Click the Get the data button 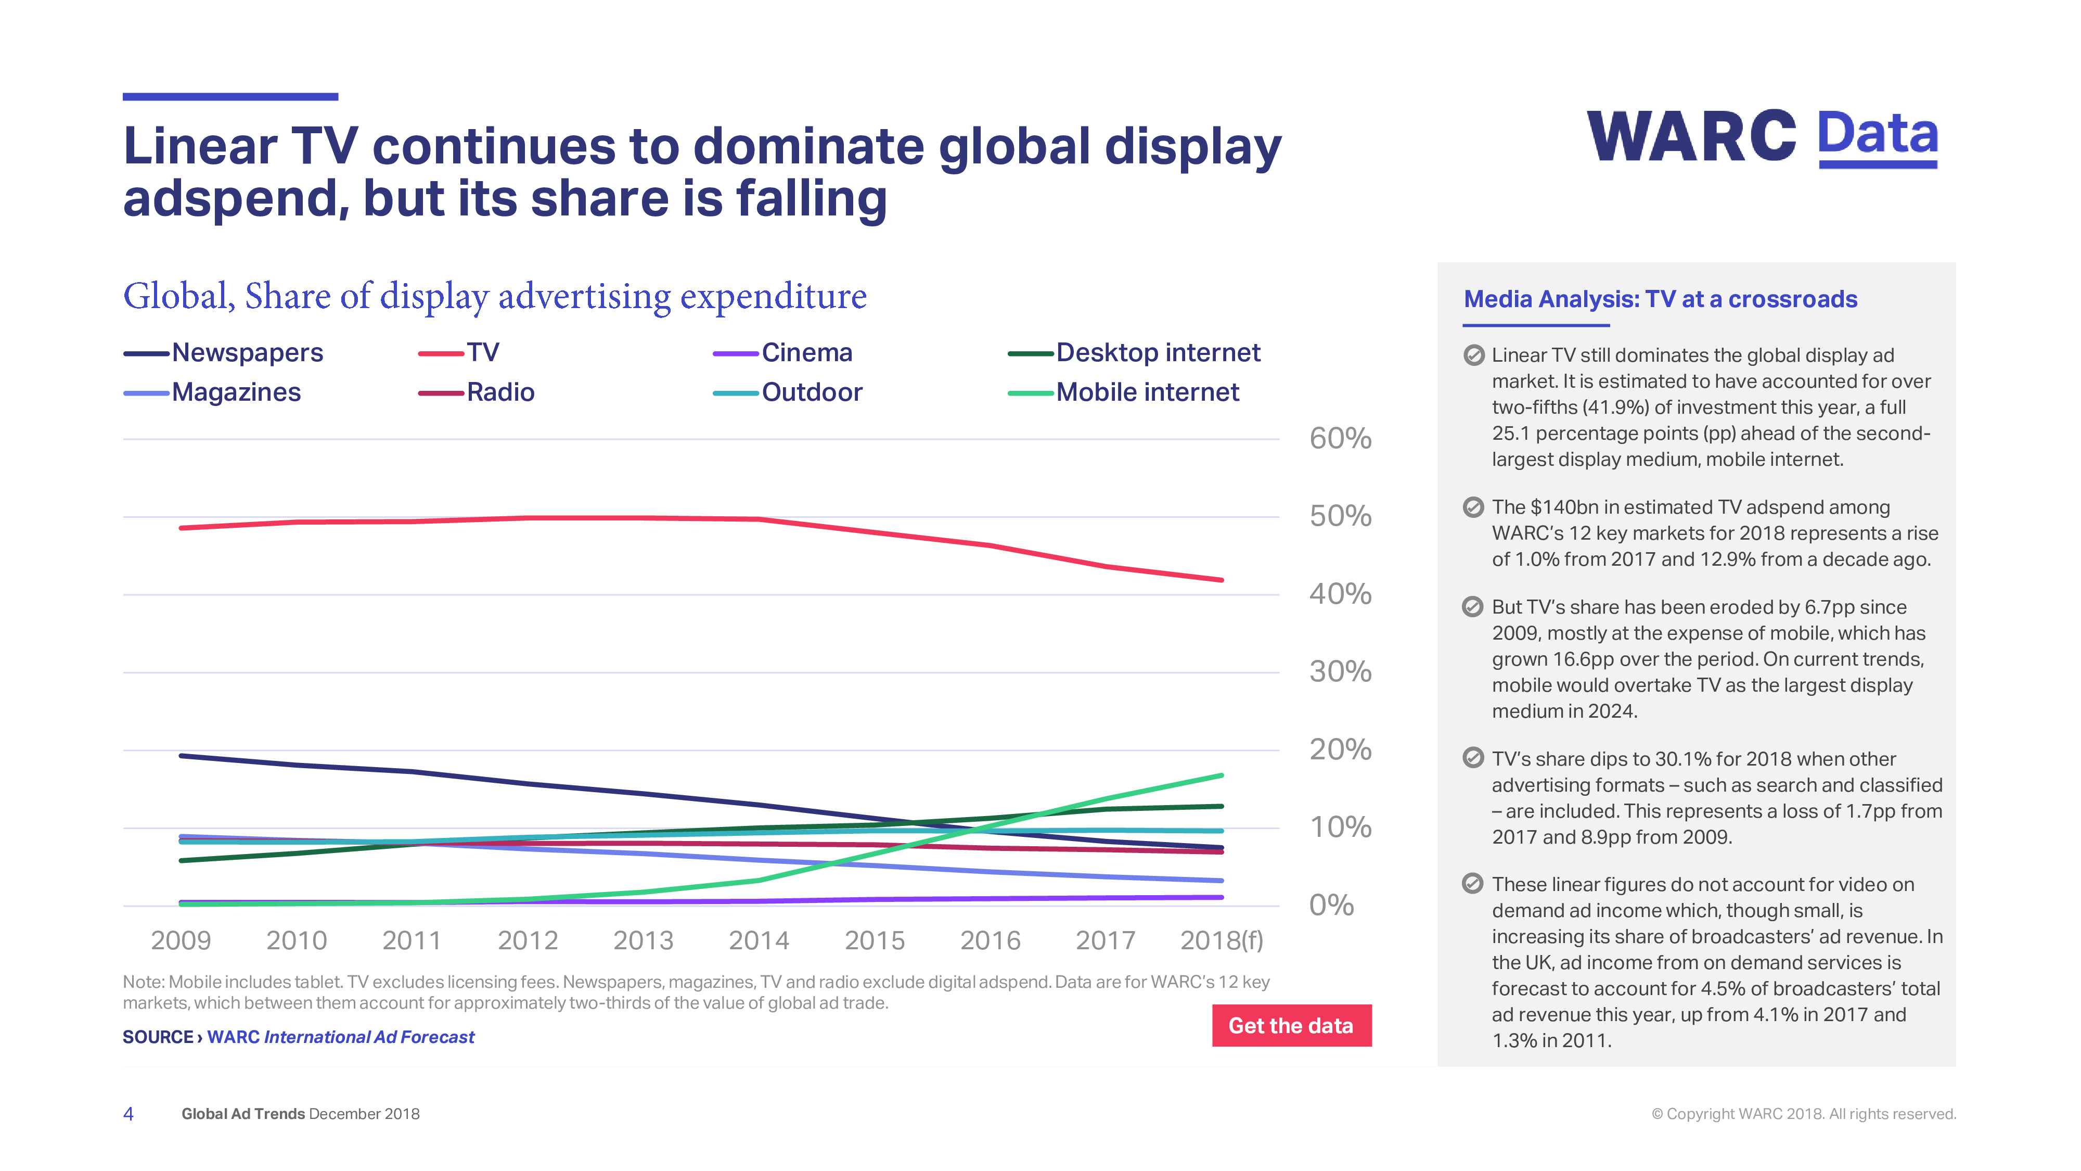[1291, 1025]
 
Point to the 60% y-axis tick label [1340, 439]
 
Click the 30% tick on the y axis [1340, 671]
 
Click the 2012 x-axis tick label [528, 940]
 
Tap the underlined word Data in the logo [1878, 135]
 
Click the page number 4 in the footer [129, 1114]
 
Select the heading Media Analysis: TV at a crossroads [1660, 300]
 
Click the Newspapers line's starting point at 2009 [181, 756]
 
